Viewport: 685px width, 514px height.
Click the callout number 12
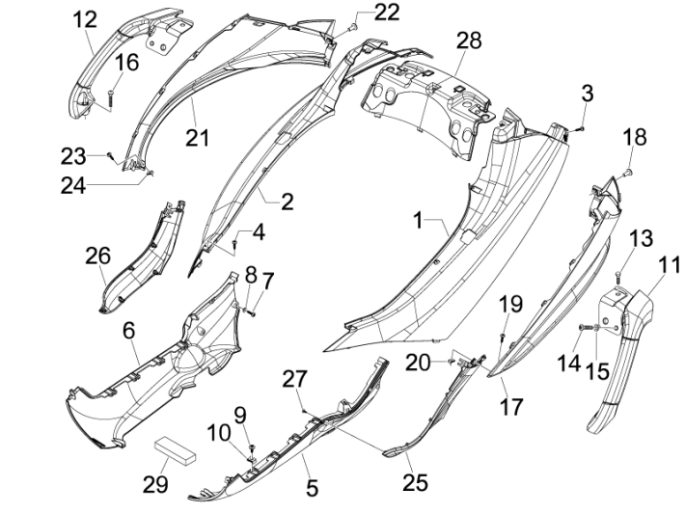tap(85, 18)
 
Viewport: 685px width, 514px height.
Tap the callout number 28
tap(468, 41)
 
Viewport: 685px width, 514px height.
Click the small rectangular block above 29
tap(175, 449)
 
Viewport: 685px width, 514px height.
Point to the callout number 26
tap(96, 257)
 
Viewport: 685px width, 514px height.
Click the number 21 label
tap(198, 138)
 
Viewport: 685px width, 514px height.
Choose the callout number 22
tap(359, 12)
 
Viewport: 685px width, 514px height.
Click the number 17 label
tap(510, 406)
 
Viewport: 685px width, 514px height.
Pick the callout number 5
tap(312, 488)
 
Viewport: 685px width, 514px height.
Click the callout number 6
tap(127, 330)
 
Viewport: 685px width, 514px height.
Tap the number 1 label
tap(420, 221)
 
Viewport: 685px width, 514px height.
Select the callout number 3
tap(587, 95)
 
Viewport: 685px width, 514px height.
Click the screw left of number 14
tap(584, 329)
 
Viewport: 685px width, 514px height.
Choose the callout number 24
tap(71, 184)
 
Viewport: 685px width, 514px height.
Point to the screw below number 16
tap(112, 95)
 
